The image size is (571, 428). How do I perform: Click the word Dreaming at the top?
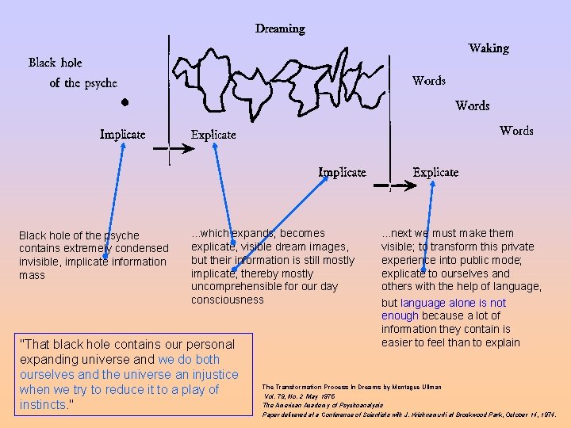pos(280,29)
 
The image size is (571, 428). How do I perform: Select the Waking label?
pos(489,48)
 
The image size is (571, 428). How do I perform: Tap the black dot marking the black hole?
pos(125,102)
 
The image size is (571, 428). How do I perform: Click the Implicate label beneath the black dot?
pos(123,134)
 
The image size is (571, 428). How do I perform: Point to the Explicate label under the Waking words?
pos(435,172)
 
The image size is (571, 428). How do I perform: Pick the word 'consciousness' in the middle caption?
pos(227,300)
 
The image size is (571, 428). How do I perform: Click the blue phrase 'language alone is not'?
pos(453,303)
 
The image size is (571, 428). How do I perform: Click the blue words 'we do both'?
pos(190,359)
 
